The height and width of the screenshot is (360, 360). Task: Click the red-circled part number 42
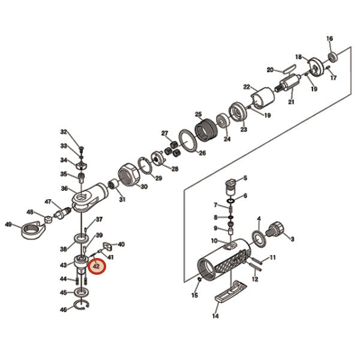96,266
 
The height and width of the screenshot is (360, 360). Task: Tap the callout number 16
329,38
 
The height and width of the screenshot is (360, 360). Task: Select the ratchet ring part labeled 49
31,229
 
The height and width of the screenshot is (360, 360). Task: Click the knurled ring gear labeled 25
206,131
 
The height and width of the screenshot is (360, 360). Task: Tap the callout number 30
144,187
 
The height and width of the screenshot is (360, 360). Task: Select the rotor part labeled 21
289,82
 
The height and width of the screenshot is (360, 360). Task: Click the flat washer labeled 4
259,239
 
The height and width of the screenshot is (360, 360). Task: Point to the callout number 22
247,87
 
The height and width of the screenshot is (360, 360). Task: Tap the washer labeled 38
81,238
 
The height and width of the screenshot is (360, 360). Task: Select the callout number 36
64,188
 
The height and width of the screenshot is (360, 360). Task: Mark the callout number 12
255,279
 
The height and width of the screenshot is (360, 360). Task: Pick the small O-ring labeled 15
200,280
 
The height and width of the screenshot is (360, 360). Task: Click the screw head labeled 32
81,148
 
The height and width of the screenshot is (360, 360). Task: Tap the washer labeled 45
82,292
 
